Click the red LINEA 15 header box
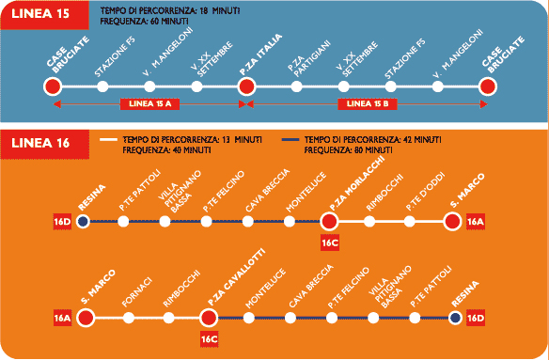[44, 15]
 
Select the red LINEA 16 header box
[45, 144]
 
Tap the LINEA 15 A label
[149, 104]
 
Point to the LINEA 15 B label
[368, 104]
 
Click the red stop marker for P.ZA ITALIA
[246, 86]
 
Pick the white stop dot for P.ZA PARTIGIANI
[296, 86]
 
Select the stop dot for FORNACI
[129, 318]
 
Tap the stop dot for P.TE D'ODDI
[409, 221]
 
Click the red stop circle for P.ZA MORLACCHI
[329, 221]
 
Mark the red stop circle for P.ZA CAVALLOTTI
[209, 318]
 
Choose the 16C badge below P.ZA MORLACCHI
[329, 243]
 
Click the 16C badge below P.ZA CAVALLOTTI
[210, 339]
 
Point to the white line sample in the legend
[108, 140]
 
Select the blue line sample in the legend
[290, 140]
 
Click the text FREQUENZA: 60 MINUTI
[144, 22]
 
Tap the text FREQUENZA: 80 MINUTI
[348, 150]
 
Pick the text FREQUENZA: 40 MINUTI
[166, 150]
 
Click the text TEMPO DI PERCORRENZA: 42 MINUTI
[372, 140]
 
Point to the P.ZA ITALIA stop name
[260, 55]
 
